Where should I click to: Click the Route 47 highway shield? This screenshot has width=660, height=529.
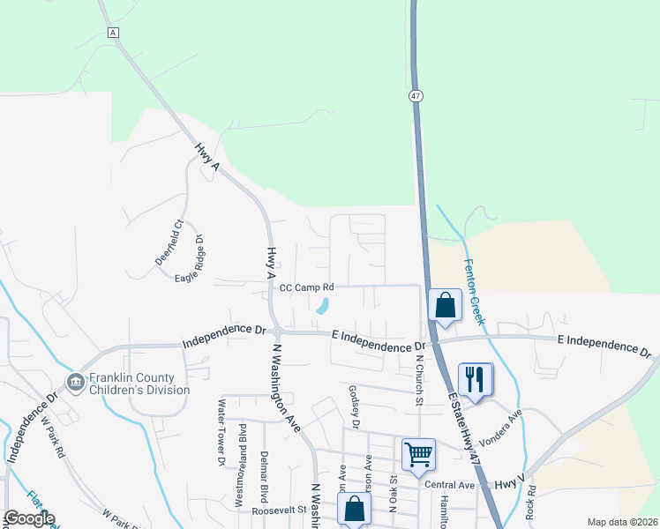[x=414, y=95]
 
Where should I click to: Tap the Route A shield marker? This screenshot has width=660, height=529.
[x=113, y=33]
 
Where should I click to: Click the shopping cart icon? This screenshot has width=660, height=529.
[x=418, y=454]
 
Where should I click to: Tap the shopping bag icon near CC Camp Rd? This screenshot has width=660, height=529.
[x=446, y=305]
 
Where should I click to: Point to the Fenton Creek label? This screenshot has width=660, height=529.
[x=473, y=287]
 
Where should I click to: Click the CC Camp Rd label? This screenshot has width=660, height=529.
[x=307, y=287]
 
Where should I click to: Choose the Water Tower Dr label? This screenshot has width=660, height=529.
[x=221, y=432]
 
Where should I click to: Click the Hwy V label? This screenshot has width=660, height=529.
[x=509, y=483]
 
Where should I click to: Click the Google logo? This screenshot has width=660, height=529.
[x=28, y=518]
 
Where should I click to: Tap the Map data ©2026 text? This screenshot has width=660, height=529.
[x=621, y=522]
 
